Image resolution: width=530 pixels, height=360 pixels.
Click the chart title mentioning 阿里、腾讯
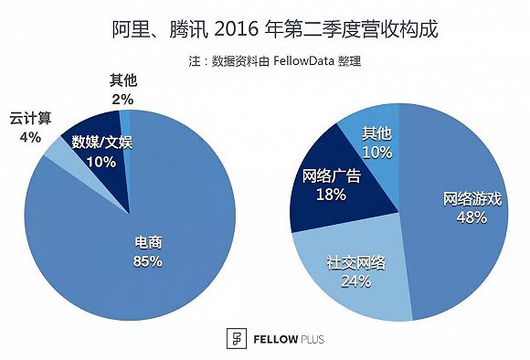[265, 29]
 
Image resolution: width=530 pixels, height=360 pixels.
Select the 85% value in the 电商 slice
[147, 261]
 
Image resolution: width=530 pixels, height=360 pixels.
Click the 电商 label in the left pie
[147, 244]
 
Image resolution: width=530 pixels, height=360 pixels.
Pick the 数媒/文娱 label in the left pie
[101, 143]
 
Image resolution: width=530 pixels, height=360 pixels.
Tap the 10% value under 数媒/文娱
[101, 162]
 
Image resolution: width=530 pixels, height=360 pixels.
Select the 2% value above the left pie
[122, 100]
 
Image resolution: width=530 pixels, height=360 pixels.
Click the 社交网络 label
[355, 262]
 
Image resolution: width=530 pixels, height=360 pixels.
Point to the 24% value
[355, 281]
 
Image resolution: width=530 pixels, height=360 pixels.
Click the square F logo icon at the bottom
[217, 338]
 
